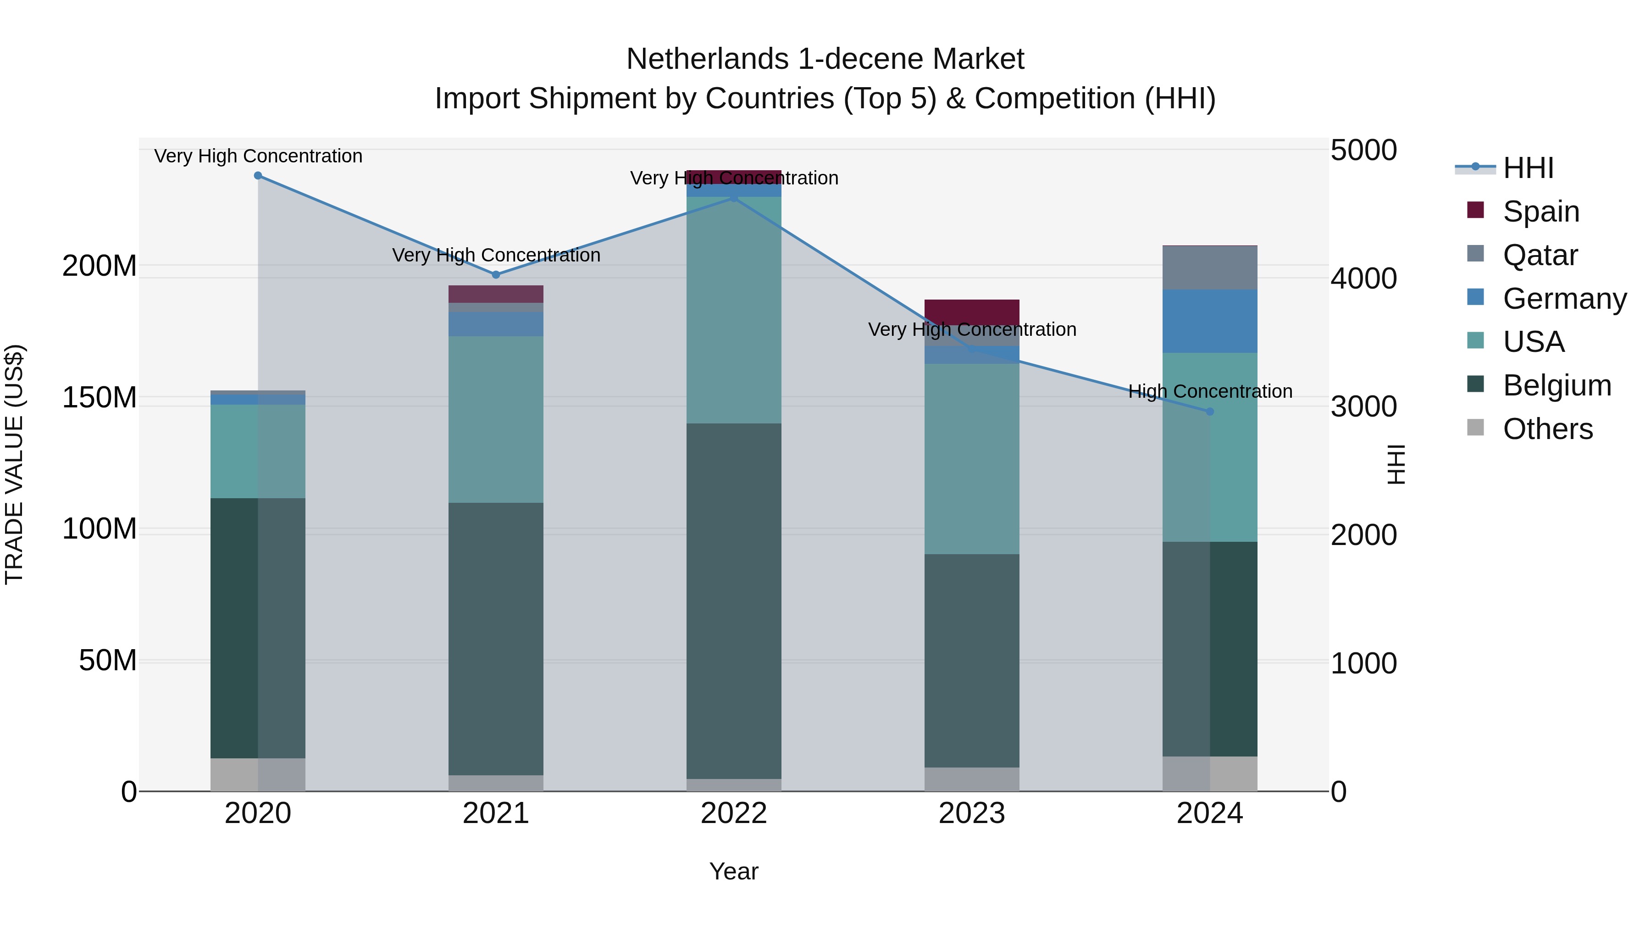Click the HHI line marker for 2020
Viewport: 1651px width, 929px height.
258,175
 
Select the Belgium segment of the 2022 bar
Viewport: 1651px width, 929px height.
734,601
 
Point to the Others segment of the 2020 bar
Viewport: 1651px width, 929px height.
258,774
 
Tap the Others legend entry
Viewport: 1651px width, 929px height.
1547,428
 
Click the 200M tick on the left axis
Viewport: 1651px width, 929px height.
100,266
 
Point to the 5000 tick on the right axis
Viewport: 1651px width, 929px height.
1363,150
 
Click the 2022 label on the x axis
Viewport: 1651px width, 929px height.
734,813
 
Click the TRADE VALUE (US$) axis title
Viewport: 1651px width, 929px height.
15,464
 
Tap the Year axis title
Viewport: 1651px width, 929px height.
734,871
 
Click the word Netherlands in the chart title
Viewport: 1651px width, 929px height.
707,59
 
